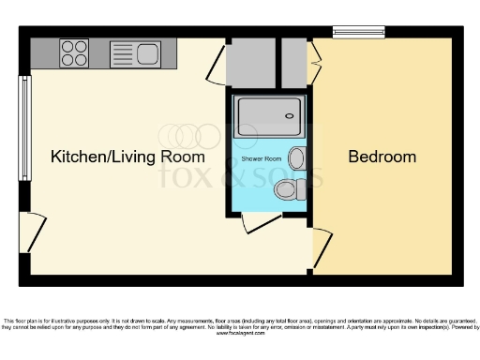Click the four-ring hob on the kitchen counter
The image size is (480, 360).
74,53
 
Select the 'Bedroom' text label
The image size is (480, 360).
382,157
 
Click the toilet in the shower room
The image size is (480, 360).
288,191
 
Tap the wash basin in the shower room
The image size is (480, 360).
297,157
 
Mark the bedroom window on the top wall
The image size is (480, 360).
359,33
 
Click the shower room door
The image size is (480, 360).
262,223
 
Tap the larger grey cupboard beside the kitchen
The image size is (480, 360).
250,62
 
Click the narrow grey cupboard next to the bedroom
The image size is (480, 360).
294,62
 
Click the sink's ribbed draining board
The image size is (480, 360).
123,53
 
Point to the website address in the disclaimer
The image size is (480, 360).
241,333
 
